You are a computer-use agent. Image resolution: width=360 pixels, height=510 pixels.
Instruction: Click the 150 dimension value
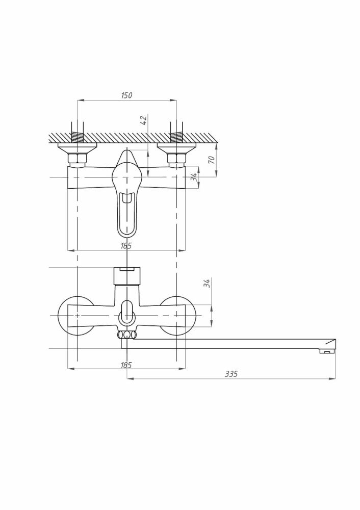coord(127,95)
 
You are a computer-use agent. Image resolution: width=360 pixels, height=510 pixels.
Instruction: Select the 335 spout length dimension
coord(232,374)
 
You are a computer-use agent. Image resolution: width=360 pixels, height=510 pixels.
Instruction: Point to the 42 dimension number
coord(144,120)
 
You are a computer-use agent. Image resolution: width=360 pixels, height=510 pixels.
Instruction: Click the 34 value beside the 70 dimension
coord(193,177)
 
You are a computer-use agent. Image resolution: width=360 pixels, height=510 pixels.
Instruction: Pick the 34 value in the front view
coord(207,284)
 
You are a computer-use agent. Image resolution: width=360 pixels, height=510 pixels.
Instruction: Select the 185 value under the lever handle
coord(127,246)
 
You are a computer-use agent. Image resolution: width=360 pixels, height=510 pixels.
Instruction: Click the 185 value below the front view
coord(127,365)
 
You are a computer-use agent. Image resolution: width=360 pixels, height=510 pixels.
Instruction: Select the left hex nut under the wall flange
coord(77,159)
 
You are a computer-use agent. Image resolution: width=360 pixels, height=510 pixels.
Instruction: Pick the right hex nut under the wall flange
coord(176,159)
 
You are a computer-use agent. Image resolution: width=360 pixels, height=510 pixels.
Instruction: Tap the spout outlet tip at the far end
coord(326,350)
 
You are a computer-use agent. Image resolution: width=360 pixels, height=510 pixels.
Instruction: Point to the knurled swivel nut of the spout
coord(127,335)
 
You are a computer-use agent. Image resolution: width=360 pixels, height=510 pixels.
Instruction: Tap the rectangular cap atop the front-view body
coord(126,275)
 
